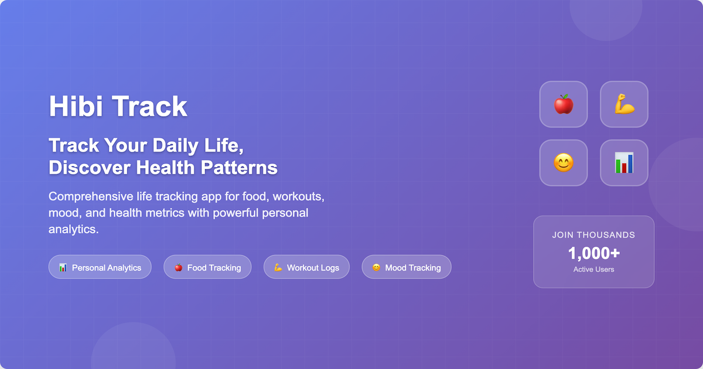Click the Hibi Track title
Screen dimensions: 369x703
point(118,106)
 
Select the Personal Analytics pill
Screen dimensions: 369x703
point(100,267)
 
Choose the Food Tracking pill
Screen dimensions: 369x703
point(207,267)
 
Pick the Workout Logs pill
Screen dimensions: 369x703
point(306,267)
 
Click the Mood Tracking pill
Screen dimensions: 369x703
point(407,267)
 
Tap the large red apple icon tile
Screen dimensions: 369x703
point(563,104)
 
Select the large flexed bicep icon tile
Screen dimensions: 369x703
point(624,104)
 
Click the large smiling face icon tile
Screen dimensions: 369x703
point(563,163)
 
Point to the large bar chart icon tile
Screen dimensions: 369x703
point(624,163)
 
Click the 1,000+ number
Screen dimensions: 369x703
point(593,253)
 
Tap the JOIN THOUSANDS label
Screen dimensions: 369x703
point(593,235)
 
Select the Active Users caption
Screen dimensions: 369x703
point(593,269)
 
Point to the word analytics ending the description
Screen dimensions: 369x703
point(73,229)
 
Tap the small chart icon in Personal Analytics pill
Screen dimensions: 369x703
point(63,268)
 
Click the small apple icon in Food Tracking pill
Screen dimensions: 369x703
point(178,268)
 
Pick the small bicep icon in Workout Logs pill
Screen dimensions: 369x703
point(278,268)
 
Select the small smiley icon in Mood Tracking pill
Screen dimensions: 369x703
point(376,268)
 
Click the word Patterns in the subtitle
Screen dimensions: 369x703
point(239,168)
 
